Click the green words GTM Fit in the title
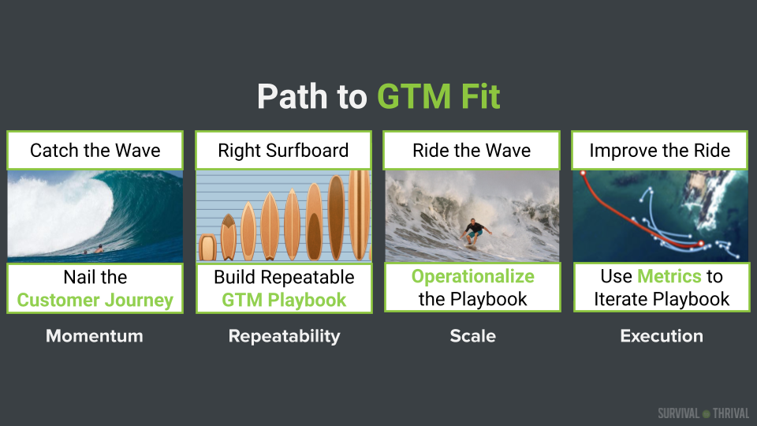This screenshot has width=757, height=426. click(438, 96)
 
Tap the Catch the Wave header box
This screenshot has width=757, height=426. click(95, 150)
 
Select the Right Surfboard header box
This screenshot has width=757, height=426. click(283, 150)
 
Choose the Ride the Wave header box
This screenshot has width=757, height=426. click(472, 150)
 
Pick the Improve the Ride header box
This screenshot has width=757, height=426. click(660, 150)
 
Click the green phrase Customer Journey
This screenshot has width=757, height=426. click(95, 300)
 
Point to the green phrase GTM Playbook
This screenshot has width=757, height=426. click(284, 300)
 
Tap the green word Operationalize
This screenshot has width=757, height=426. click(472, 276)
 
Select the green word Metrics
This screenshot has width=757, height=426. click(669, 276)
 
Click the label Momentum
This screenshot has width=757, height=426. click(95, 336)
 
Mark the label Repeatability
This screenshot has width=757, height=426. click(285, 336)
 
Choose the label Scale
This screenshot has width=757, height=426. click(472, 336)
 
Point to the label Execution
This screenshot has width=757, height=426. click(662, 336)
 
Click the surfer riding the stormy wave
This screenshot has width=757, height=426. click(474, 233)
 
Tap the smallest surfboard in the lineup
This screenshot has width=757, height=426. click(207, 247)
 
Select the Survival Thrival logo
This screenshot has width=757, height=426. click(703, 413)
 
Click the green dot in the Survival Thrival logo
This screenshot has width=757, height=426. click(707, 414)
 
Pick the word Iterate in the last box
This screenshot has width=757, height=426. click(622, 300)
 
